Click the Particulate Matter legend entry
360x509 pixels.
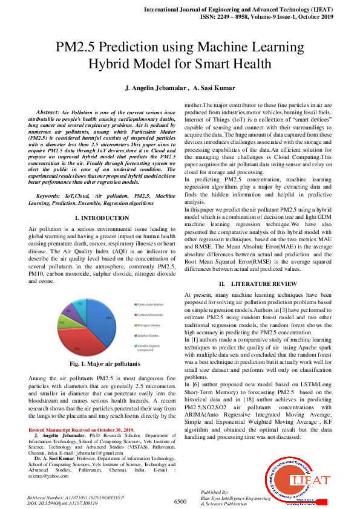(151, 304)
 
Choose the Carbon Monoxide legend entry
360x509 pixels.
(150, 314)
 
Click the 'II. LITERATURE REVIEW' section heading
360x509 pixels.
(257, 284)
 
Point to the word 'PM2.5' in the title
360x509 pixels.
(79, 48)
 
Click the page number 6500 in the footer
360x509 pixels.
(180, 501)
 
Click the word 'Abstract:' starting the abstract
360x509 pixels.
(48, 113)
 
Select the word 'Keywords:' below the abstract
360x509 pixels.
(52, 196)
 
